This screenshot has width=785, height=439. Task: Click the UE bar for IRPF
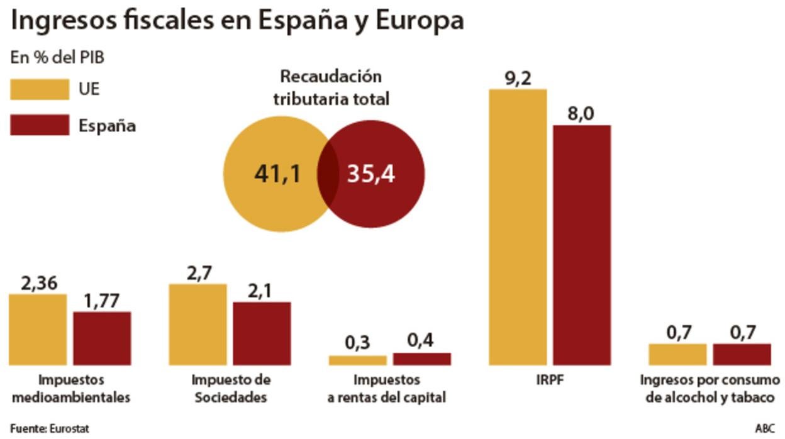[518, 226]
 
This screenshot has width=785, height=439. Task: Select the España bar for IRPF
[582, 245]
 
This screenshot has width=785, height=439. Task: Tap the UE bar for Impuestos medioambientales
[38, 329]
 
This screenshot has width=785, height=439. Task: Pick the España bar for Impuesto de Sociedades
[262, 333]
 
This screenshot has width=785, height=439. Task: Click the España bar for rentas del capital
[421, 358]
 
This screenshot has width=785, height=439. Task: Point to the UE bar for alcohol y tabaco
[677, 354]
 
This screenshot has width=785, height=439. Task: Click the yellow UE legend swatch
[40, 89]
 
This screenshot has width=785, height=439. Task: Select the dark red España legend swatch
[40, 125]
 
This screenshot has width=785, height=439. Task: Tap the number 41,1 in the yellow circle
[277, 174]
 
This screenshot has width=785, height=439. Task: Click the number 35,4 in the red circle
[371, 174]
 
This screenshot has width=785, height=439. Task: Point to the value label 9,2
[518, 79]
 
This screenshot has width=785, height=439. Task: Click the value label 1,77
[102, 302]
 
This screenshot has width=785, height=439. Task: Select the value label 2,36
[38, 284]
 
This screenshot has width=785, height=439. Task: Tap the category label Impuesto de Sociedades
[230, 389]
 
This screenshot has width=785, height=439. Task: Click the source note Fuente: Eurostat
[49, 429]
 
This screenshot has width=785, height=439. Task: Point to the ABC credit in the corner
[765, 429]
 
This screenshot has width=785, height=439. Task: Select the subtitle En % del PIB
[57, 57]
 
